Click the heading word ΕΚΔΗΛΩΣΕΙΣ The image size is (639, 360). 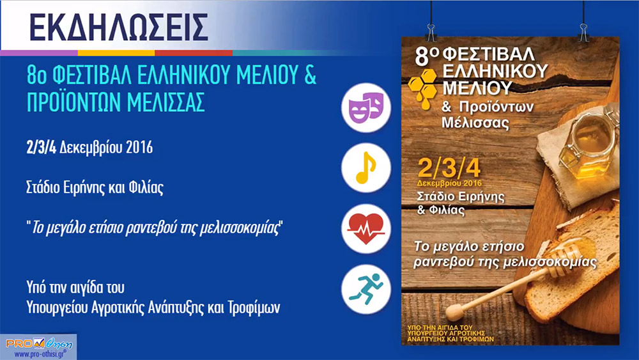[119, 27]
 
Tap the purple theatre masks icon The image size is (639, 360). [366, 107]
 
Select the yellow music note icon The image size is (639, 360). [366, 168]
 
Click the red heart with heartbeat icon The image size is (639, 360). [366, 229]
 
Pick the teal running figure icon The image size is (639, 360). [366, 289]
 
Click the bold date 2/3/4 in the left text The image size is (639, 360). [41, 148]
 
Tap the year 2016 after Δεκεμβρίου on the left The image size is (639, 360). [139, 148]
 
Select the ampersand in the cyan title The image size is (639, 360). [310, 75]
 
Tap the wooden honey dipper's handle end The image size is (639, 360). [454, 312]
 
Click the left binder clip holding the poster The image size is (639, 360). [431, 32]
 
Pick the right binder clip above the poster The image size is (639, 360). [583, 32]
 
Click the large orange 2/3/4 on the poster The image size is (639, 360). [449, 168]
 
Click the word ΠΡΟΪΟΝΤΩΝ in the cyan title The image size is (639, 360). [73, 102]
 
